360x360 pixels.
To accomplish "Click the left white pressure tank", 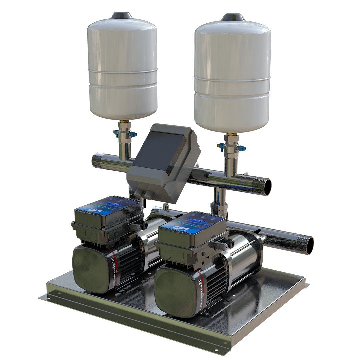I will (122, 67).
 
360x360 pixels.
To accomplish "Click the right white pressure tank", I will (232, 77).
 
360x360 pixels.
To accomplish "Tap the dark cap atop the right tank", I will (233, 17).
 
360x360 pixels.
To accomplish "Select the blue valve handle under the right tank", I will (221, 146).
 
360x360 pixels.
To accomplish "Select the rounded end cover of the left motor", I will (89, 267).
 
